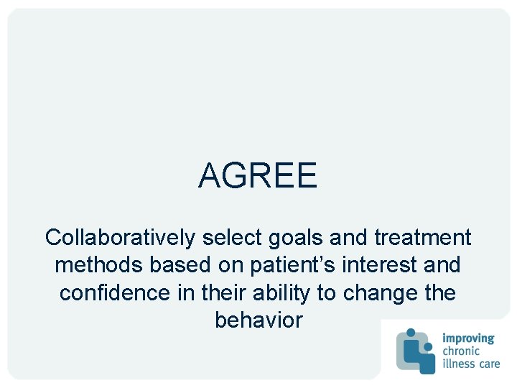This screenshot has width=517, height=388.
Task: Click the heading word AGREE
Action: pyautogui.click(x=258, y=175)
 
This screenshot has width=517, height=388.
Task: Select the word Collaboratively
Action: pyautogui.click(x=121, y=237)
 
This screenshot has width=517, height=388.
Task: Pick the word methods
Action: pyautogui.click(x=99, y=265)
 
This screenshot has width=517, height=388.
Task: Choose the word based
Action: pyautogui.click(x=176, y=265)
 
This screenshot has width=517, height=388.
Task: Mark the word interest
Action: pyautogui.click(x=378, y=265)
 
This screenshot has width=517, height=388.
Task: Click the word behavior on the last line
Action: pyautogui.click(x=258, y=320)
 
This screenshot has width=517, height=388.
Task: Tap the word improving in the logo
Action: pyautogui.click(x=469, y=338)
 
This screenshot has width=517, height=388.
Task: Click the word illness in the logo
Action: pyautogui.click(x=458, y=363)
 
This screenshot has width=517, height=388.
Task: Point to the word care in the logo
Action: pyautogui.click(x=489, y=364)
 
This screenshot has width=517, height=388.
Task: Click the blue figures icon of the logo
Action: pyautogui.click(x=416, y=351)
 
